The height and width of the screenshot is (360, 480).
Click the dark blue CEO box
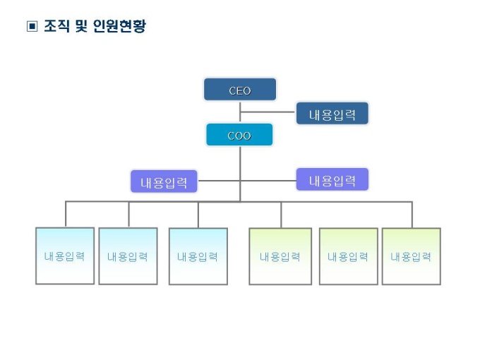[x=240, y=90]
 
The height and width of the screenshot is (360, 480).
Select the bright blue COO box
[x=239, y=135]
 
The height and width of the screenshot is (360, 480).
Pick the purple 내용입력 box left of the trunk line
[x=164, y=182]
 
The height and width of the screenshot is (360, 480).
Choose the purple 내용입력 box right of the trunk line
[x=332, y=180]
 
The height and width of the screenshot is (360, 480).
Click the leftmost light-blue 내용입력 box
[x=65, y=256]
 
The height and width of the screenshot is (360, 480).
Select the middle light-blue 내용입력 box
[x=128, y=256]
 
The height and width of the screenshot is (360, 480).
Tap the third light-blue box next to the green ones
[x=198, y=256]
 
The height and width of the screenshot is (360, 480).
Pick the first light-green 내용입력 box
[x=280, y=256]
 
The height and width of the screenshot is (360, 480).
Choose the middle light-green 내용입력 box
[x=348, y=256]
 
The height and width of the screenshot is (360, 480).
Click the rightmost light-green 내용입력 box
[x=411, y=256]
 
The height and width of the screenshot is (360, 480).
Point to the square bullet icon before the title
[x=31, y=28]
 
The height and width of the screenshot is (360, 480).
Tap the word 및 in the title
[x=82, y=28]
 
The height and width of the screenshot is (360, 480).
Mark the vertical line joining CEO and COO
[x=240, y=112]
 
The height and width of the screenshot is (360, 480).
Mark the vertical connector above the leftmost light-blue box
[x=66, y=215]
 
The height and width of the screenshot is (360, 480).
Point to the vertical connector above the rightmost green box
[x=412, y=215]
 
